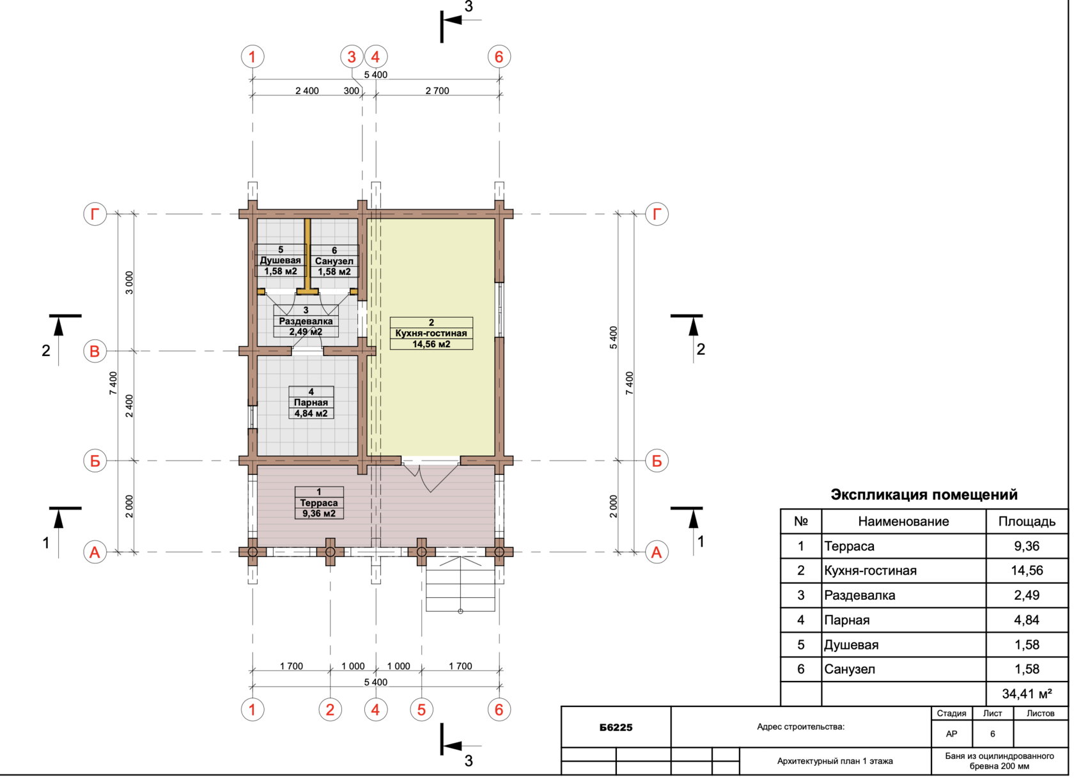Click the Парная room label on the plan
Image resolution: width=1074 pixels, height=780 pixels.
[311, 403]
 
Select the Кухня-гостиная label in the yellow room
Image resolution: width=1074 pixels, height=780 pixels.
[431, 333]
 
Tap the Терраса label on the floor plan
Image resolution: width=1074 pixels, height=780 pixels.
[319, 503]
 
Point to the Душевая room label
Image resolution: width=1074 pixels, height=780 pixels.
[281, 260]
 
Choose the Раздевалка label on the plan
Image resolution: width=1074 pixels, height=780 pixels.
[306, 321]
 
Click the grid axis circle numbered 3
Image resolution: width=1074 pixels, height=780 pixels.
[352, 56]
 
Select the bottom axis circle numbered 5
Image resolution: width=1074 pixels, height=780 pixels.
[421, 710]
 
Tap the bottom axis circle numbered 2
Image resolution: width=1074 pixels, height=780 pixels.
[330, 710]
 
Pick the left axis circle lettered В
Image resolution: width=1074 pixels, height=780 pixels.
[95, 352]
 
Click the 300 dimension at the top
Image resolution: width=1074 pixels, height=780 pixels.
[352, 91]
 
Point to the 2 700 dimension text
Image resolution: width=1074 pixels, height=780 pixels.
[437, 91]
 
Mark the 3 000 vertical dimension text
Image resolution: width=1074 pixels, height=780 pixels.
[129, 283]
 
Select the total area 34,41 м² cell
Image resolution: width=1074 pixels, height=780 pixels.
[1027, 694]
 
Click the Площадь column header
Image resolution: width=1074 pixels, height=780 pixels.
[1027, 522]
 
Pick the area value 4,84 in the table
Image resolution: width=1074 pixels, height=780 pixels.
[1027, 620]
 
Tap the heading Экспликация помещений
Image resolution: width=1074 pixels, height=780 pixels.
[924, 495]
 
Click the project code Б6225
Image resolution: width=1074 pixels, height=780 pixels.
[616, 728]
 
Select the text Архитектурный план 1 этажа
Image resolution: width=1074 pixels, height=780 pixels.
[835, 761]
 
